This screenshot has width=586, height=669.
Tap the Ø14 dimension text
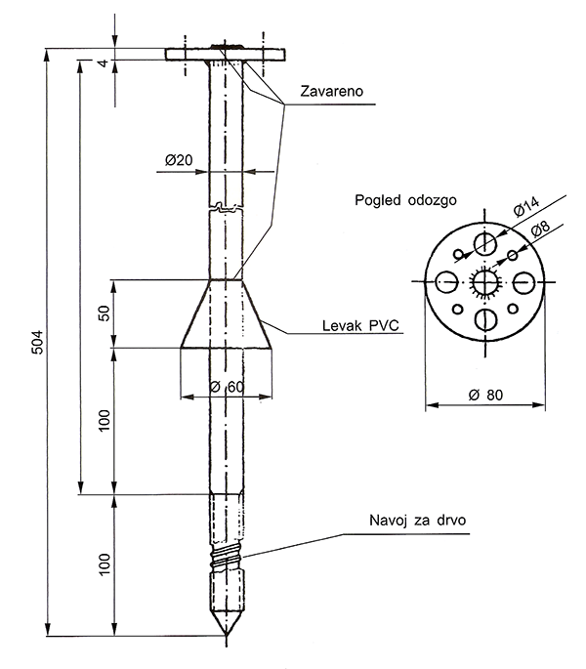point(524,208)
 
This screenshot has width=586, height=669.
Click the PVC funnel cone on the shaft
point(227,314)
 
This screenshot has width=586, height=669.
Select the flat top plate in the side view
point(227,54)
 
